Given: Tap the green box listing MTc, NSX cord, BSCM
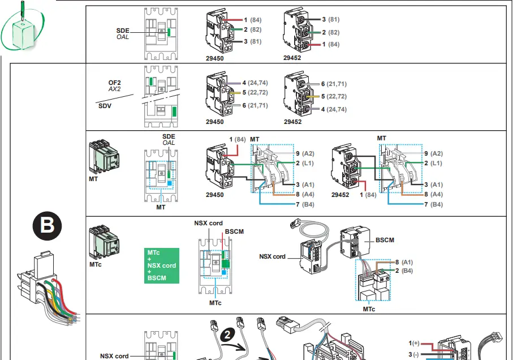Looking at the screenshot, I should pos(161,265).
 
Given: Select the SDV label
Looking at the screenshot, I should pos(105,105).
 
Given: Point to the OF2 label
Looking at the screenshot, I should pos(115,83).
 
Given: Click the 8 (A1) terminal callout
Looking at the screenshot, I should pos(404,262).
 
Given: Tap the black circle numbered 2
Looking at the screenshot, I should pos(227,335).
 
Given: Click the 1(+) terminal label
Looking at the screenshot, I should pos(414,343).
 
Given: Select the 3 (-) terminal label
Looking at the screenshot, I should pos(414,353).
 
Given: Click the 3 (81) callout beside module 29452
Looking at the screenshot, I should pos(330,19).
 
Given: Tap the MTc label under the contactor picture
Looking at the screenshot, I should pos(96,264).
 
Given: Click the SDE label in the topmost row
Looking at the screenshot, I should pos(123,29).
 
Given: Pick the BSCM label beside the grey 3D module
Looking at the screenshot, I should pos(385,240).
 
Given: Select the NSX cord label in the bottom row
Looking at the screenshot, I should pos(114,356).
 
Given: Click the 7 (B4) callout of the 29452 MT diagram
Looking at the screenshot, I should pos(433,204).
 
